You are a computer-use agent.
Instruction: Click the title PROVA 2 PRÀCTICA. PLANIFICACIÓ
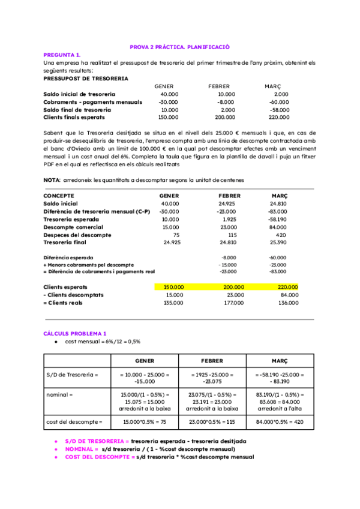[x=180, y=47]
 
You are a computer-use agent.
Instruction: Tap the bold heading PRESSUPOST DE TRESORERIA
[x=86, y=78]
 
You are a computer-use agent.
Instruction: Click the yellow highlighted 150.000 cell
[x=175, y=287]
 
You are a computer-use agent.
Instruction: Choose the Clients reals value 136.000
[x=287, y=303]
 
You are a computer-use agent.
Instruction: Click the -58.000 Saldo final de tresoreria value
[x=280, y=110]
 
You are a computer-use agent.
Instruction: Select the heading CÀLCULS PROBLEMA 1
[x=75, y=333]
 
